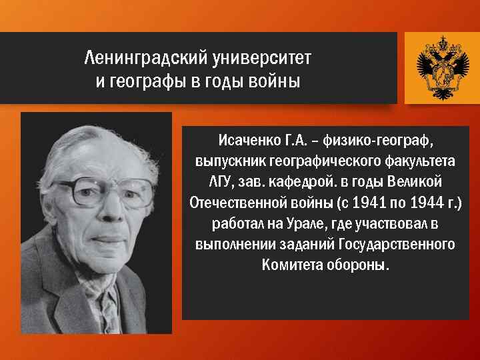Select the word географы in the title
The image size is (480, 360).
coord(149,82)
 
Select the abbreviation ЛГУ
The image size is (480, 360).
coord(216,182)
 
